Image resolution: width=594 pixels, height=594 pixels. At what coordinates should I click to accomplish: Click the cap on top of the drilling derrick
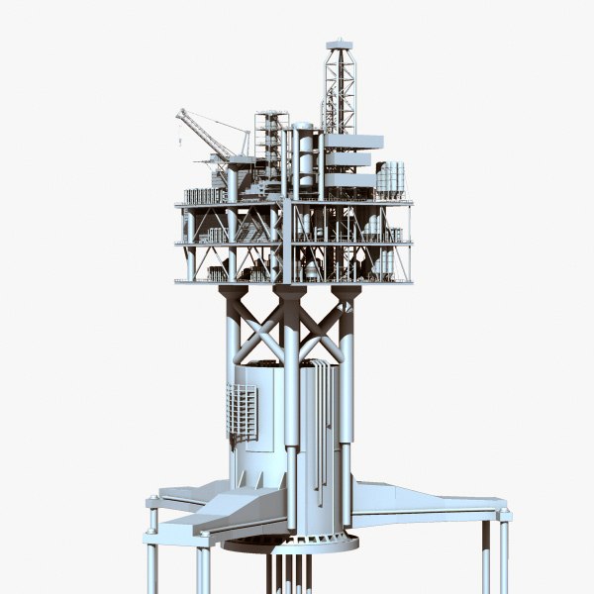(x=340, y=44)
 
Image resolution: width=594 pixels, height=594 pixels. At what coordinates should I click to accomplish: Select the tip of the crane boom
(x=180, y=113)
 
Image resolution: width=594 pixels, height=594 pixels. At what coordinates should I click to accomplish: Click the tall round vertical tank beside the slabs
(x=305, y=158)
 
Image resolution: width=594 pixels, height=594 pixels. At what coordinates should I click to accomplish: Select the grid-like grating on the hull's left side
(x=241, y=411)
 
